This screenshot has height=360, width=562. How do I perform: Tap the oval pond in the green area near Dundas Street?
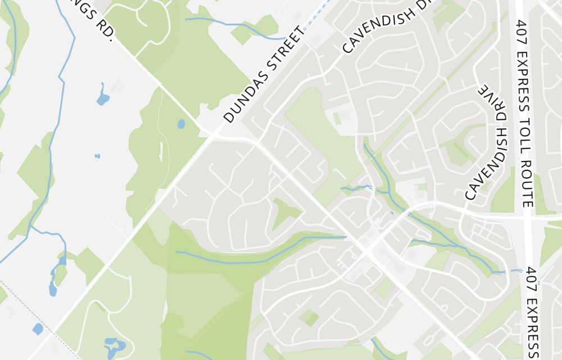[181, 124]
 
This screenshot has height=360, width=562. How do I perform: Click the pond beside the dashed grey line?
[38, 328]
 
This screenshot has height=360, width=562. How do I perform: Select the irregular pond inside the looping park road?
[115, 344]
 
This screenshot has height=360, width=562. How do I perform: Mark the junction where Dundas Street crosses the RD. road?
[213, 133]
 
